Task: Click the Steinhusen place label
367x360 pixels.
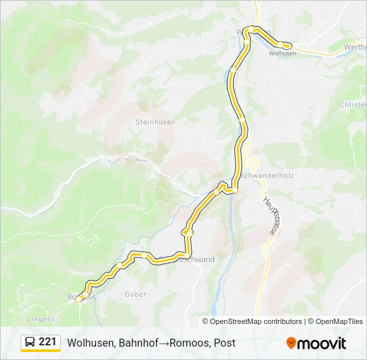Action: pyautogui.click(x=155, y=123)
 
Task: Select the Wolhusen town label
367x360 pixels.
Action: pyautogui.click(x=282, y=54)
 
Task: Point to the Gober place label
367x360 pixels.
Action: pyautogui.click(x=135, y=294)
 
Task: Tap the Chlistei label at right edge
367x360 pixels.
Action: pyautogui.click(x=353, y=105)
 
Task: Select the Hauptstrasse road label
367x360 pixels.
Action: pyautogui.click(x=270, y=215)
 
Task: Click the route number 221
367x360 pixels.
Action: pyautogui.click(x=47, y=342)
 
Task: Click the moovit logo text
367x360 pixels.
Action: pyautogui.click(x=322, y=343)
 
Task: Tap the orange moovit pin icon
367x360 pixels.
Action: pyautogui.click(x=291, y=343)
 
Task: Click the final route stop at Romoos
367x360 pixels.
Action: pyautogui.click(x=79, y=299)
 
